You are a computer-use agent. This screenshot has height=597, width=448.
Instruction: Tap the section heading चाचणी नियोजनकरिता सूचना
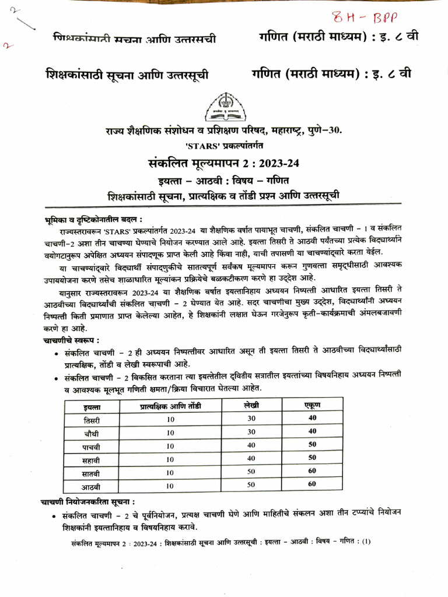87,501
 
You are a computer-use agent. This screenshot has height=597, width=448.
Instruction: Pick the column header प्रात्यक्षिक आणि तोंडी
170,406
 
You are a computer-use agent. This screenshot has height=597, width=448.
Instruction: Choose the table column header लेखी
252,405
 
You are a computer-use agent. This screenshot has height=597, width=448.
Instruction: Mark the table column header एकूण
312,405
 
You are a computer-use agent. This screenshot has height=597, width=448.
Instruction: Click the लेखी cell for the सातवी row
252,472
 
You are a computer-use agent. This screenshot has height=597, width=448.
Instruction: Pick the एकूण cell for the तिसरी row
312,418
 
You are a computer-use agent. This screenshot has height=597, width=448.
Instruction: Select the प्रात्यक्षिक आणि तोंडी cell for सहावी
170,459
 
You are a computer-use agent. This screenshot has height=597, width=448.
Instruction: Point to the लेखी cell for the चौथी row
252,431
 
